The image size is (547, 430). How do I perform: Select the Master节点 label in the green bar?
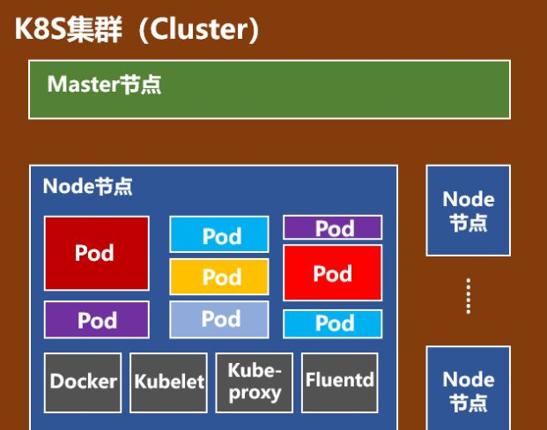[x=104, y=85]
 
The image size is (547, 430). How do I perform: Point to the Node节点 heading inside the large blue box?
[x=88, y=186]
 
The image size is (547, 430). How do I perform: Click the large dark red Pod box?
[x=96, y=253]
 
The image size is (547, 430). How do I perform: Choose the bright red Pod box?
[x=332, y=273]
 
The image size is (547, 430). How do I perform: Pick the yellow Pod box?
[x=219, y=277]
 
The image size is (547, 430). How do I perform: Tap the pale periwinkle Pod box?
[x=219, y=319]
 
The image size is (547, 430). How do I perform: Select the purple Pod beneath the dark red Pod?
[x=96, y=320]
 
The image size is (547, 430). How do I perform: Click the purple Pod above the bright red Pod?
[x=332, y=227]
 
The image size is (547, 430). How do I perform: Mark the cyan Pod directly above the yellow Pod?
[x=219, y=235]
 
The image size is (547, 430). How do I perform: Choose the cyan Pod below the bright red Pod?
[x=332, y=323]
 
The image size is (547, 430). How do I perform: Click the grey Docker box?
[x=83, y=382]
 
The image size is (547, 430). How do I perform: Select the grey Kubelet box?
[x=169, y=382]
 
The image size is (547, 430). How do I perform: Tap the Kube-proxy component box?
[x=255, y=382]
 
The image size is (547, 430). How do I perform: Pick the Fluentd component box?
[x=340, y=382]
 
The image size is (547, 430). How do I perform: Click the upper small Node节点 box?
[x=468, y=211]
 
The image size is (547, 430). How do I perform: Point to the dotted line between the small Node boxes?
[x=468, y=297]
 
